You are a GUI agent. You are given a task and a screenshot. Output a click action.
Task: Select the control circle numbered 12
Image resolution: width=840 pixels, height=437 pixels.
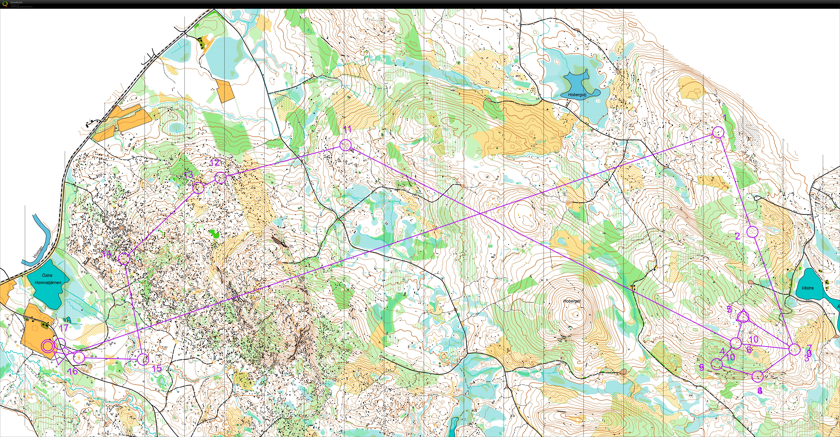click(x=220, y=178)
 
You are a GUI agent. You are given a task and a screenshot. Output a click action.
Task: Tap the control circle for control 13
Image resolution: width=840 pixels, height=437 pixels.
click(x=198, y=188)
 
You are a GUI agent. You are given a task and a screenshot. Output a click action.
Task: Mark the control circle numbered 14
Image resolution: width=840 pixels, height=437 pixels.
click(x=124, y=259)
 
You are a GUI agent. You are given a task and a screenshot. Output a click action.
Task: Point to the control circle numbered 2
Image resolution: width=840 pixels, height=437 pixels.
click(x=752, y=232)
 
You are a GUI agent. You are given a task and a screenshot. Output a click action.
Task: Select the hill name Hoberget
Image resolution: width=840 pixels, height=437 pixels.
click(x=572, y=301)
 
